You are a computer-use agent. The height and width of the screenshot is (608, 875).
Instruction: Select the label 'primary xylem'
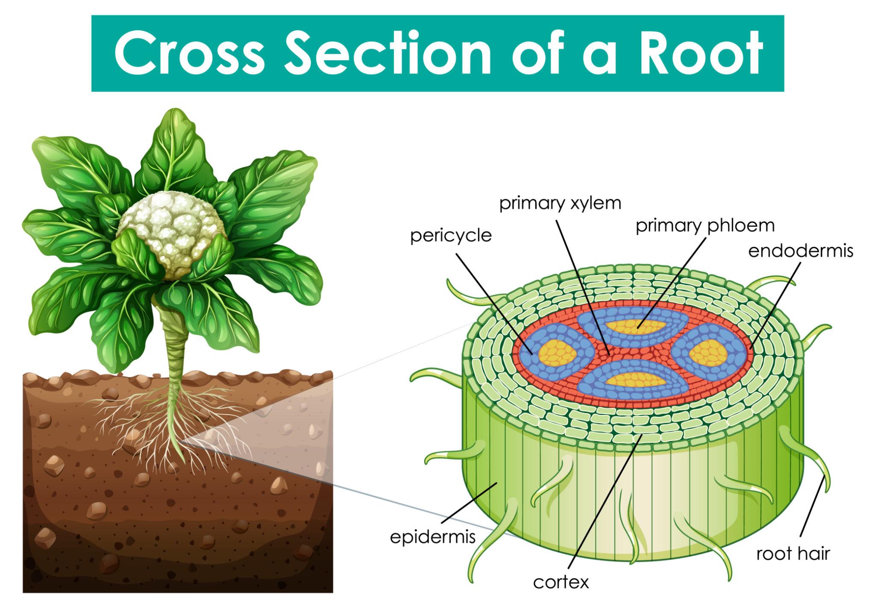(560, 204)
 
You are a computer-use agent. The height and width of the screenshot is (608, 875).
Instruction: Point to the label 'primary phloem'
(705, 226)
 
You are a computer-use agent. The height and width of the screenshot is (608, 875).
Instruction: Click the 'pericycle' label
(451, 235)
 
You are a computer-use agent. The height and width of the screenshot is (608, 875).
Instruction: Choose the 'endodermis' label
(800, 251)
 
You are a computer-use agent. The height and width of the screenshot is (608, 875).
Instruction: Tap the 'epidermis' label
(433, 537)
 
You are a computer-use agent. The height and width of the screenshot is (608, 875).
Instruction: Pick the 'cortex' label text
(561, 582)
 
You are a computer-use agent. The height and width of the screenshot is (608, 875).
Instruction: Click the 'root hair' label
(793, 554)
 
